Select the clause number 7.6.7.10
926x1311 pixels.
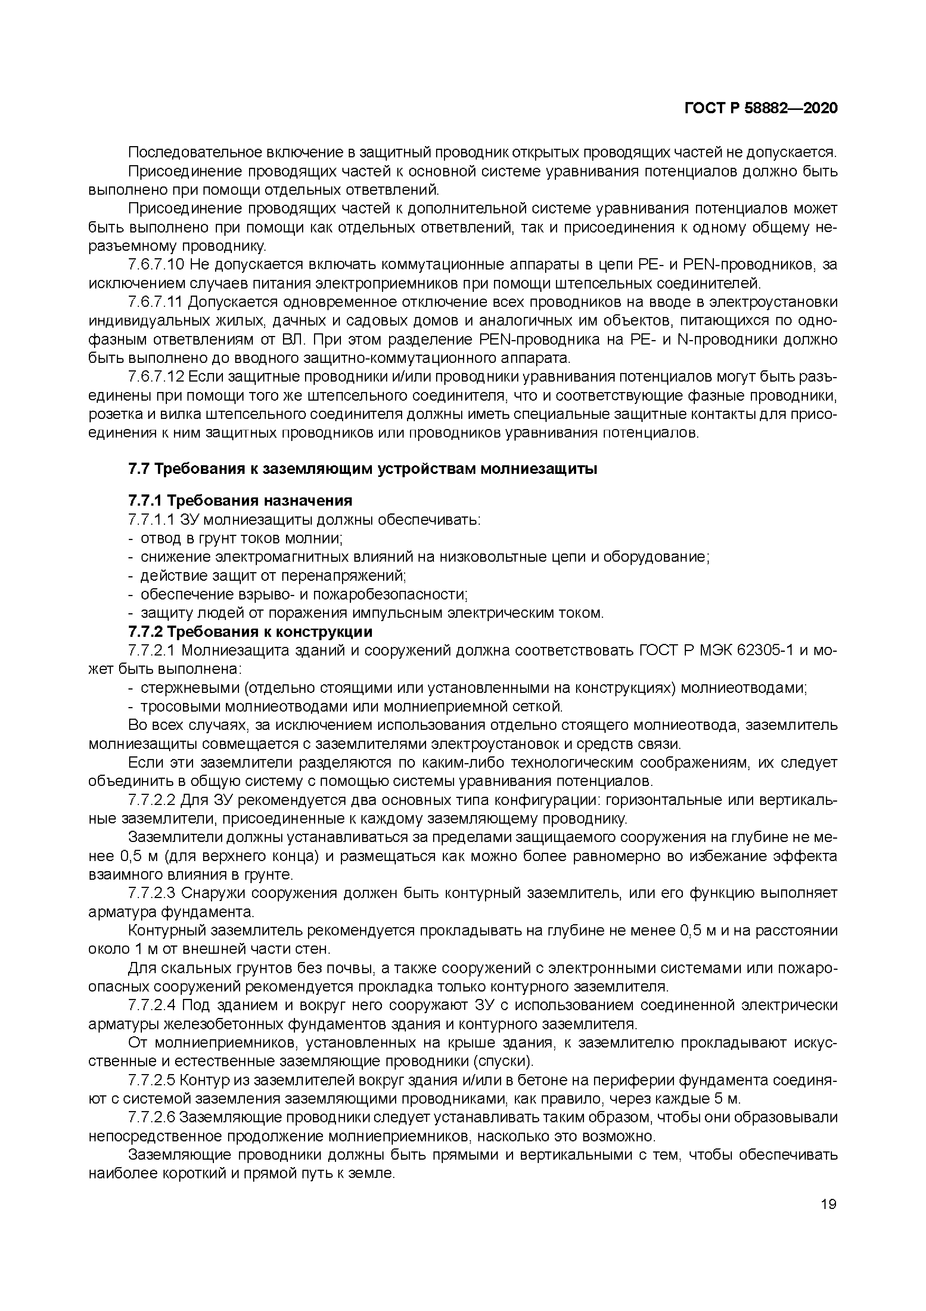(156, 265)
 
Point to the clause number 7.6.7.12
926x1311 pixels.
(156, 377)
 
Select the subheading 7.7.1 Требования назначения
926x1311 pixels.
(240, 501)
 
